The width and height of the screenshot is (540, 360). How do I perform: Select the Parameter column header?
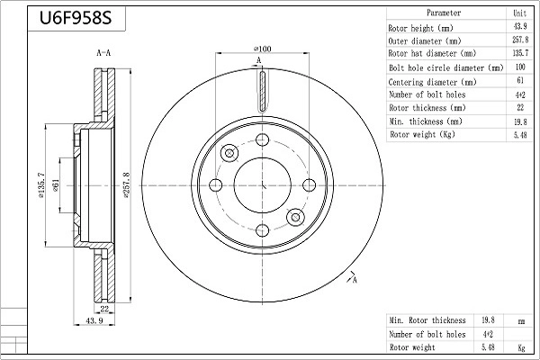click(444, 13)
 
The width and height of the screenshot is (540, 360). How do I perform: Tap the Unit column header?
click(519, 13)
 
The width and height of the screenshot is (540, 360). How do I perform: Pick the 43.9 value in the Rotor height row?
click(519, 27)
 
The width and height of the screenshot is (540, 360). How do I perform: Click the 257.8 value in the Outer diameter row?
click(519, 40)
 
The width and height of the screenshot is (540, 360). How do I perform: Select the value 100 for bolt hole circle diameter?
click(519, 67)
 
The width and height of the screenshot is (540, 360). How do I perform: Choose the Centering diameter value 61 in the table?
click(519, 81)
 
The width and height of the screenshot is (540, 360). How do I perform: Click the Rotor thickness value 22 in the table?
click(519, 108)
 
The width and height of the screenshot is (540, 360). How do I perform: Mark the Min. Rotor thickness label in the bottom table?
click(427, 320)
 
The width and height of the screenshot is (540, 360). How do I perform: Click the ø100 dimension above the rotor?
click(263, 49)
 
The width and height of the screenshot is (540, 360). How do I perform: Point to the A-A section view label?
click(103, 54)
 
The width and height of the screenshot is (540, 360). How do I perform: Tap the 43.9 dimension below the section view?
click(93, 321)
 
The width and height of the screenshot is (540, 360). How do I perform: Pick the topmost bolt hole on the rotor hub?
click(263, 139)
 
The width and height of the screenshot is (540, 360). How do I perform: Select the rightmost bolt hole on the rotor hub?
click(309, 185)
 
